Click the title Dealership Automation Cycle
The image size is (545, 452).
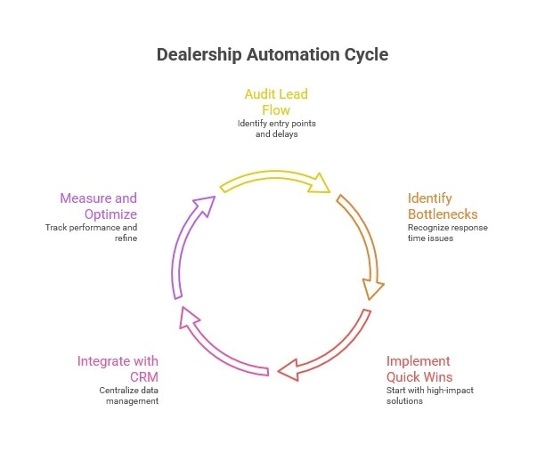tap(272, 54)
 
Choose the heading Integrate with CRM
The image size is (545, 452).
tap(118, 368)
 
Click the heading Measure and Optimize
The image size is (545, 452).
tap(98, 206)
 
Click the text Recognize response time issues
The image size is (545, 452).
tap(448, 233)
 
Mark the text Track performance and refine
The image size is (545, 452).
tap(92, 233)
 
